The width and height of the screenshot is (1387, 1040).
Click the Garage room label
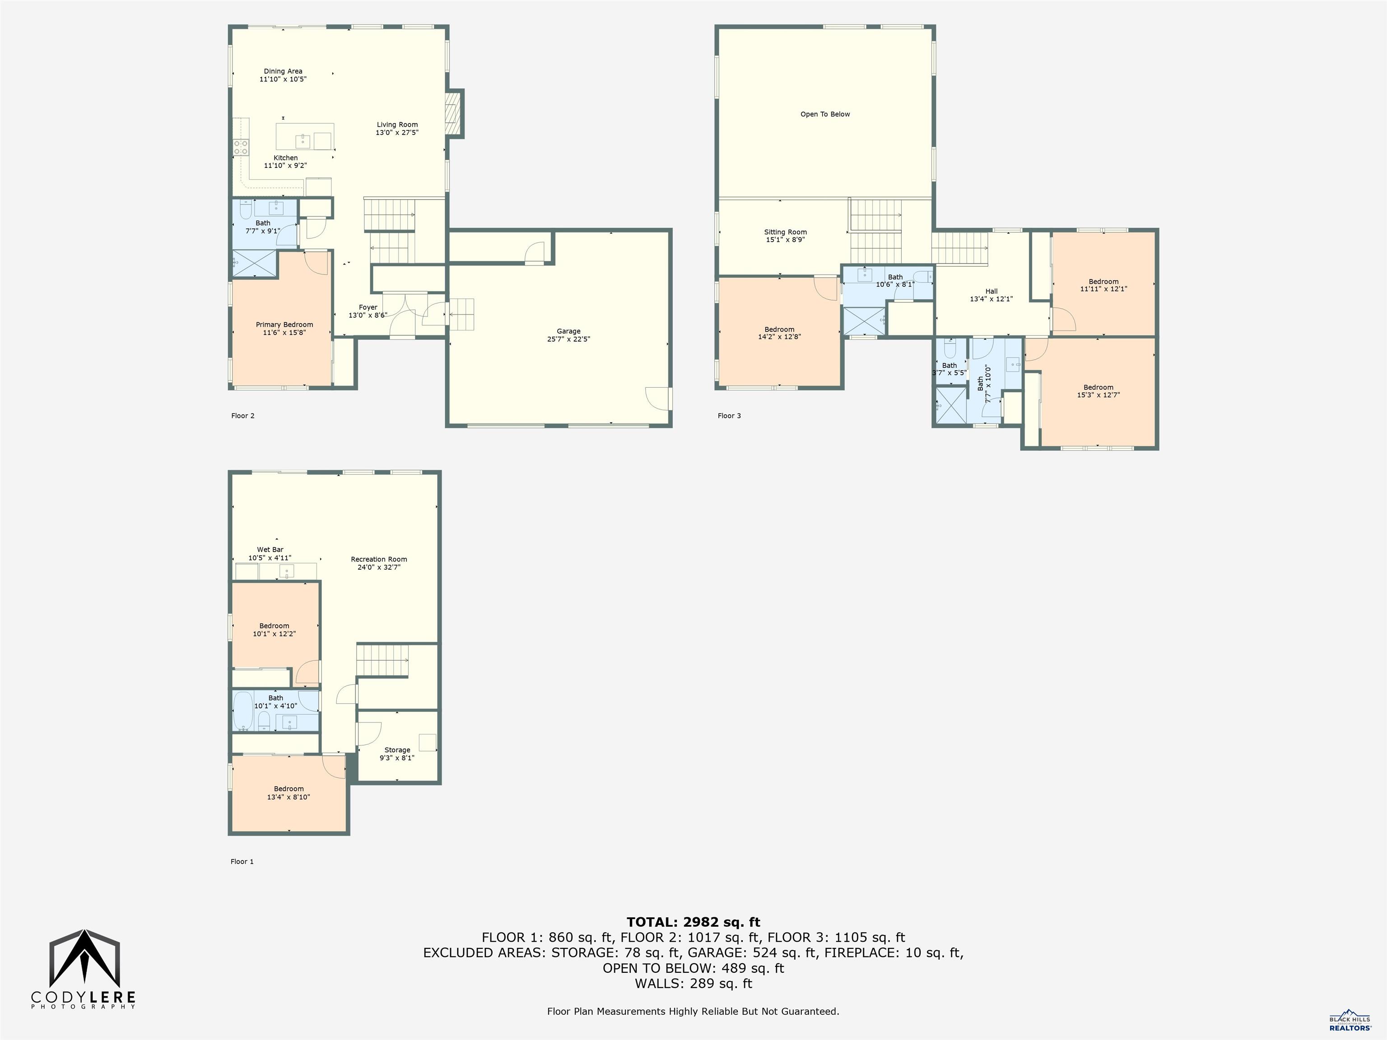click(568, 331)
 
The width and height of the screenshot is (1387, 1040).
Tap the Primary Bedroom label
click(284, 325)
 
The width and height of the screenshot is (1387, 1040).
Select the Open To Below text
click(824, 114)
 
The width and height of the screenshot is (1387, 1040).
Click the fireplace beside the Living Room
click(453, 113)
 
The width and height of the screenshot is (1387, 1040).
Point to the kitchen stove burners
click(241, 147)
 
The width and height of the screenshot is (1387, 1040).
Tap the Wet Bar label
click(270, 550)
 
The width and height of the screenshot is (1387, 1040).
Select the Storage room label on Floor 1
click(397, 750)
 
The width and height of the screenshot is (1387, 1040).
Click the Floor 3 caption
click(729, 416)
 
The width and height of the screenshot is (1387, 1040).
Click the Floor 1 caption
click(242, 861)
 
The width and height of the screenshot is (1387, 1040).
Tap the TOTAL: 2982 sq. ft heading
click(693, 922)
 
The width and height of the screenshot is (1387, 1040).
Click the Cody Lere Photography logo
click(84, 969)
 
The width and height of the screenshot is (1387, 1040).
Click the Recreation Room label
click(379, 559)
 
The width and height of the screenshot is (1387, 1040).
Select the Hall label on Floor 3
click(991, 291)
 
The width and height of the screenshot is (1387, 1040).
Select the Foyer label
click(368, 307)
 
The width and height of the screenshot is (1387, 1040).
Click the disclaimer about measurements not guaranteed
click(693, 1011)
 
